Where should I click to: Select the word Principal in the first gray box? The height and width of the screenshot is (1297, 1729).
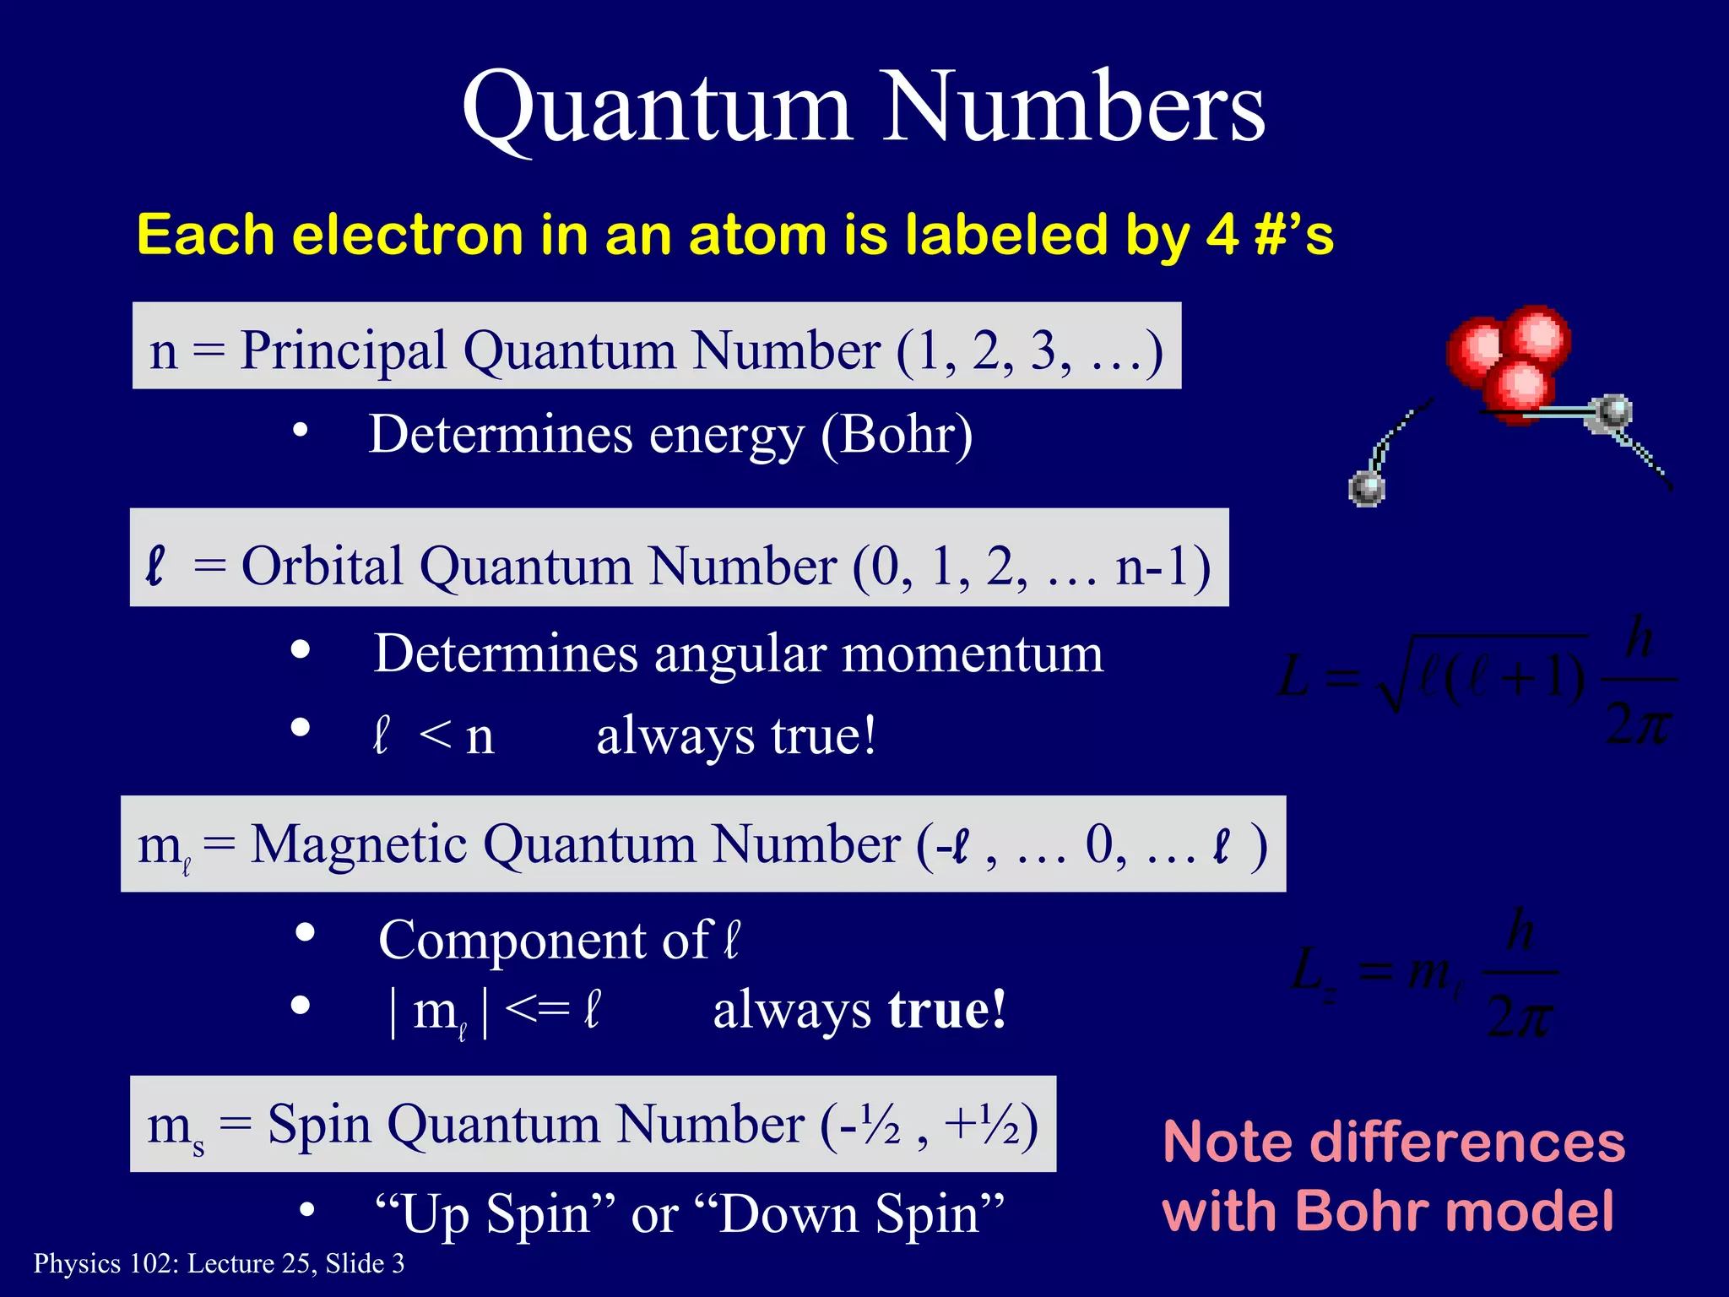click(x=343, y=350)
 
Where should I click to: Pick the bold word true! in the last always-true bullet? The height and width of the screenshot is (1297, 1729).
click(x=946, y=1010)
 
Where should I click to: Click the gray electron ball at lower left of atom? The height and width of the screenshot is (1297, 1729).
click(x=1366, y=489)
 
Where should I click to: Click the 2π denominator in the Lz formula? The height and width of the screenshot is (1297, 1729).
click(x=1519, y=1017)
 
